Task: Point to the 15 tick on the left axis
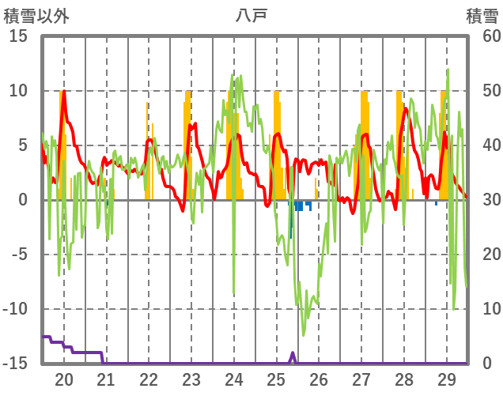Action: click(19, 36)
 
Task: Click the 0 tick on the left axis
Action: click(23, 200)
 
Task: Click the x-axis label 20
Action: click(64, 379)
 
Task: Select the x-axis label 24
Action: click(233, 379)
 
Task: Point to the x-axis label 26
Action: click(319, 379)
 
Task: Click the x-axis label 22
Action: click(149, 379)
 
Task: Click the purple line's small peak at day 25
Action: click(293, 353)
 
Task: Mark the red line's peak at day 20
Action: click(63, 92)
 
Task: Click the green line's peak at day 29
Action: click(448, 70)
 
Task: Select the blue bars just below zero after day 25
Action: click(299, 206)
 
